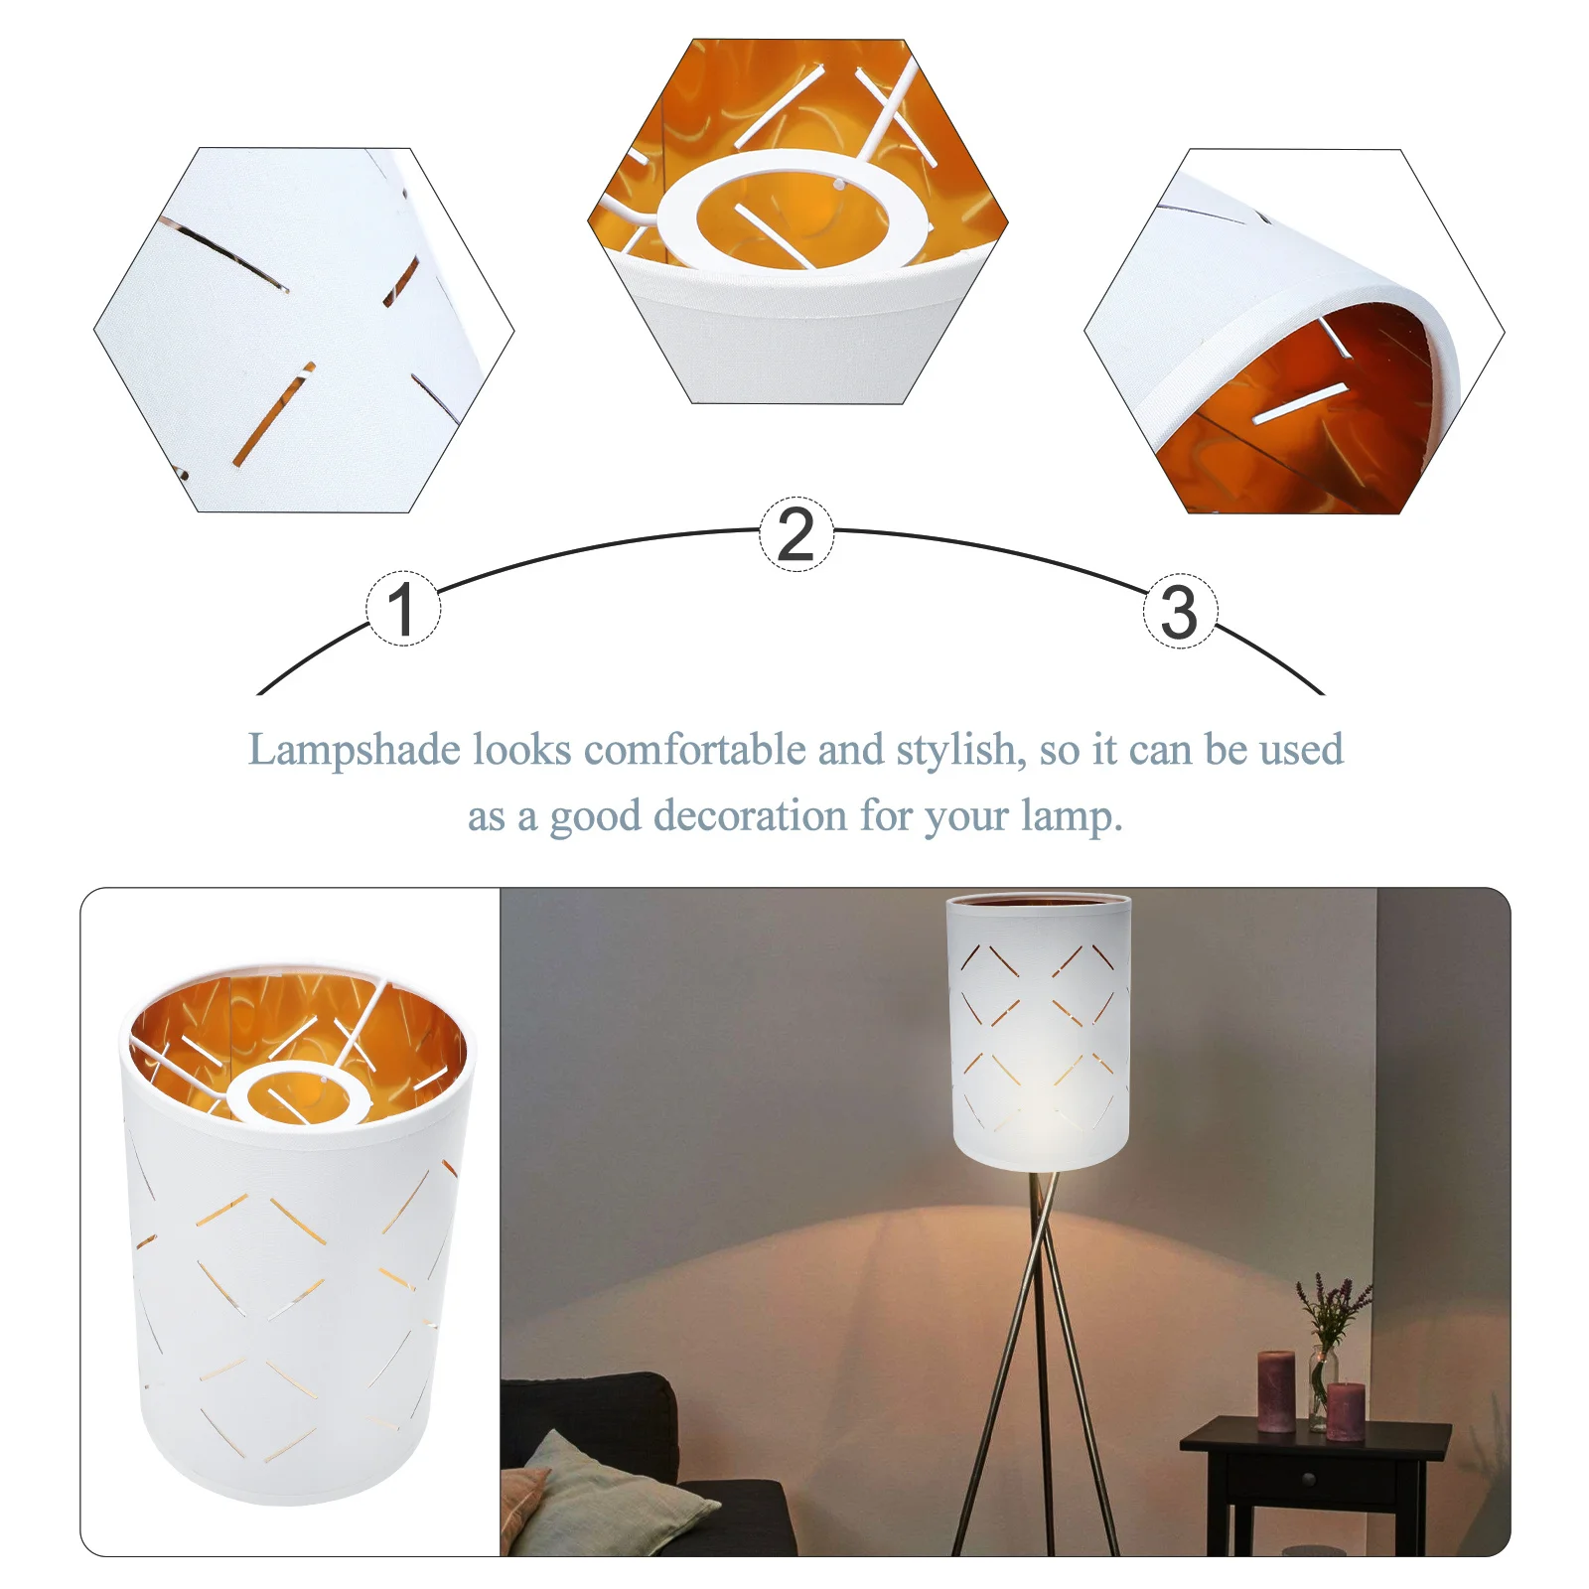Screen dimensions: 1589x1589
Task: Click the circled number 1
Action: point(402,609)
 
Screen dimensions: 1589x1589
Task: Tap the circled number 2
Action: point(796,534)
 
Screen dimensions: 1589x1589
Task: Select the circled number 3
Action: point(1180,612)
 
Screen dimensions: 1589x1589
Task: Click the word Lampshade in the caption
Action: point(354,751)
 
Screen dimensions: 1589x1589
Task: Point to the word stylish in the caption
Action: point(959,751)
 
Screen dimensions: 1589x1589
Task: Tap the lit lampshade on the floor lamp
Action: point(1039,1033)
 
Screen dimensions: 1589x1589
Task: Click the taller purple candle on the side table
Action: point(1275,1390)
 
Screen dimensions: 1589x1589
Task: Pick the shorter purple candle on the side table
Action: point(1346,1410)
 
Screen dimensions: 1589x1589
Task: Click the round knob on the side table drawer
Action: point(1309,1480)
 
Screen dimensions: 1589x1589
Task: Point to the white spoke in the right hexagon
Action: point(1300,402)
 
